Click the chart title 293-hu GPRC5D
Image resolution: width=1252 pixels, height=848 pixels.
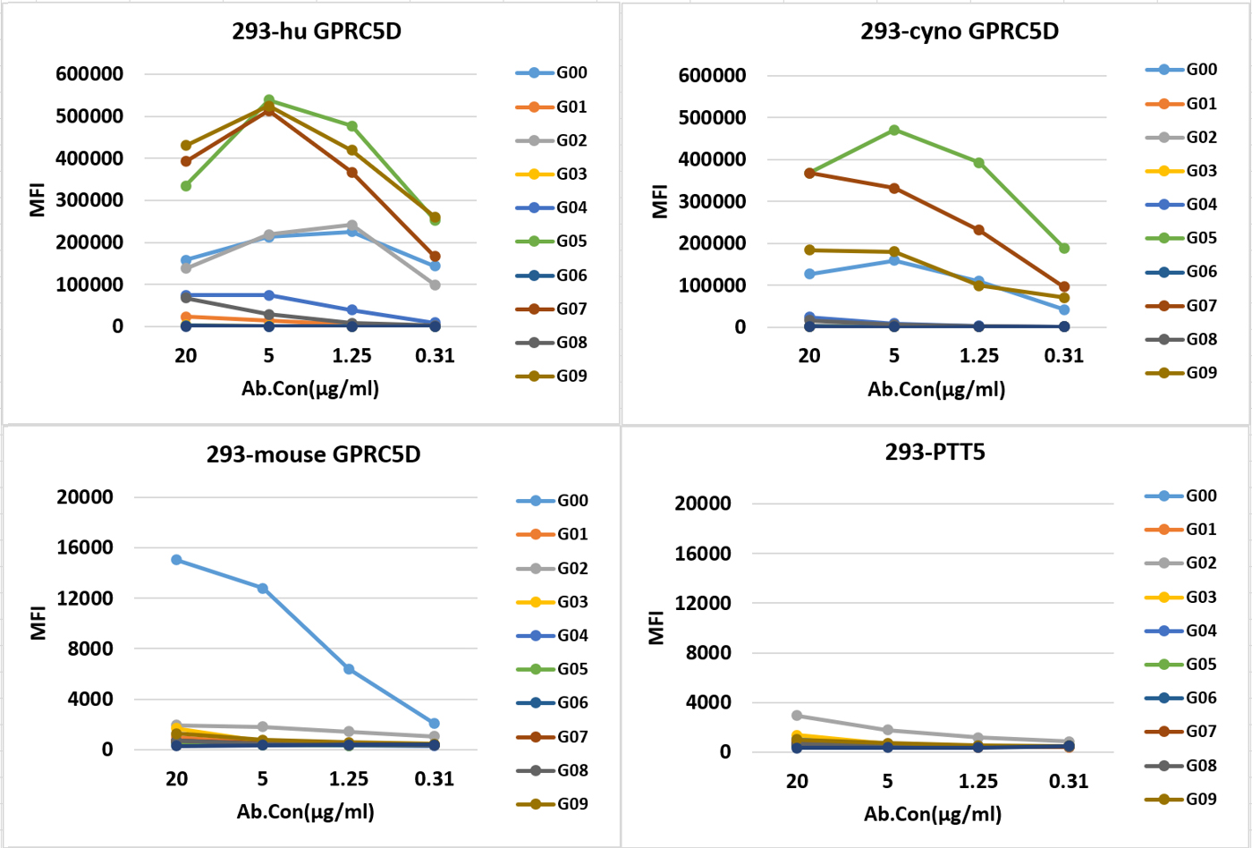click(317, 31)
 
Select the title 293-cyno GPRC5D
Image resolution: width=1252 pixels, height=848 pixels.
click(960, 31)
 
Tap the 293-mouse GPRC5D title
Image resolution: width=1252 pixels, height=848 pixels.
click(313, 454)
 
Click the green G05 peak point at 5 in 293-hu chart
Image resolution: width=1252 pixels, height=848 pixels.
click(269, 100)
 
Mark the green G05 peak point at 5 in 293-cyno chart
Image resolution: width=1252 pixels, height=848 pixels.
click(894, 130)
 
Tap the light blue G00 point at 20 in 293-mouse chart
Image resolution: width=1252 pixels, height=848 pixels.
click(176, 560)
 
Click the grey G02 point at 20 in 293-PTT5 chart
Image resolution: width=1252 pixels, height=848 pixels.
click(797, 716)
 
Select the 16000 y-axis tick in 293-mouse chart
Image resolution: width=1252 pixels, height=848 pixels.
click(85, 547)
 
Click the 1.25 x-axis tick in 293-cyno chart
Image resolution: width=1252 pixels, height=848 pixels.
click(979, 355)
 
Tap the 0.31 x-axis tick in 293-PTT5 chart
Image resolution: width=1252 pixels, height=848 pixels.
click(1069, 781)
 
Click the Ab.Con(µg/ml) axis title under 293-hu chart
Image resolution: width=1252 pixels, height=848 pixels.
click(310, 388)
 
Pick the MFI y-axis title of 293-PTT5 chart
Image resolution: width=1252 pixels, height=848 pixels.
click(657, 627)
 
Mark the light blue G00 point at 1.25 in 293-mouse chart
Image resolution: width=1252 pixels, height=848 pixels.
click(349, 669)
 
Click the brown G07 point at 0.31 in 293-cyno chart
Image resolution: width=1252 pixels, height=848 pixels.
click(1064, 287)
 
